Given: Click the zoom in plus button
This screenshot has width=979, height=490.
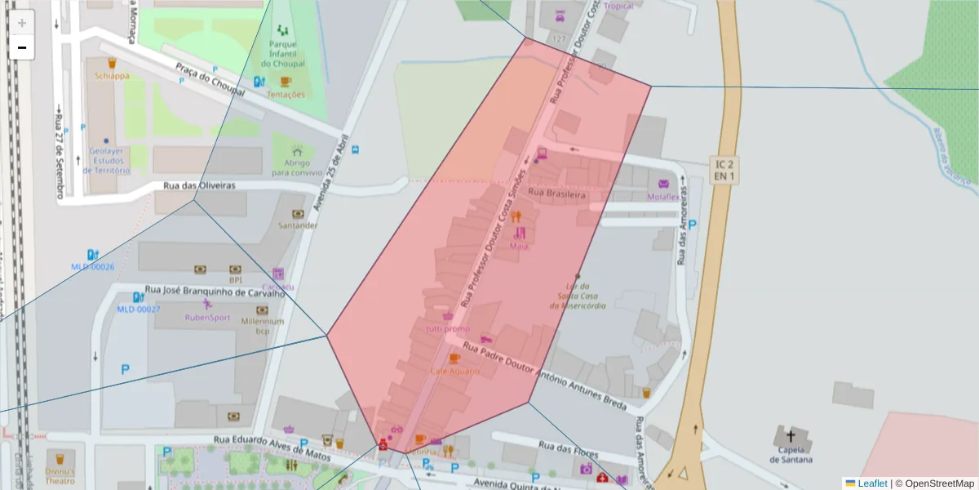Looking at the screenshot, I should click(x=22, y=23).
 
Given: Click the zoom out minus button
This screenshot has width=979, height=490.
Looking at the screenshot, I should click(x=22, y=47).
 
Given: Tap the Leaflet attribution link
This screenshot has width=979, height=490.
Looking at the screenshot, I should click(x=872, y=483).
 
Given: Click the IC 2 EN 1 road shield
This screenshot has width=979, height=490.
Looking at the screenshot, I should click(x=723, y=170).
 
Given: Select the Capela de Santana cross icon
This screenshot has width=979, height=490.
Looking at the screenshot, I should click(x=790, y=436).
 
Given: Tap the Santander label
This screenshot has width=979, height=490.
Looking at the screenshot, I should click(x=298, y=225).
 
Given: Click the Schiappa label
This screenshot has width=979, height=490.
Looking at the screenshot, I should click(x=112, y=76).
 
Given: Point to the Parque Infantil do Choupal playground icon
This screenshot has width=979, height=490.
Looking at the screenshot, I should click(x=283, y=30).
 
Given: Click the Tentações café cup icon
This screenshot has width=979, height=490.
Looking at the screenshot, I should click(x=285, y=81).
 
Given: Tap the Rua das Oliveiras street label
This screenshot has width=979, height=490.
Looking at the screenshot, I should click(x=199, y=185).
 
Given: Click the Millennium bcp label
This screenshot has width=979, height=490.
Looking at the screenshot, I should click(x=262, y=326).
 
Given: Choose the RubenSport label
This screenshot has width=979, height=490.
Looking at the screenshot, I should click(x=207, y=317).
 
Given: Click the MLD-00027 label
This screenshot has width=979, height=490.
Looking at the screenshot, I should click(x=138, y=309).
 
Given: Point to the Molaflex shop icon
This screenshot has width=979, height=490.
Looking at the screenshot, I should click(x=663, y=184).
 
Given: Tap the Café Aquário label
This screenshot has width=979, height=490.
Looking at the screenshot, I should click(x=454, y=371).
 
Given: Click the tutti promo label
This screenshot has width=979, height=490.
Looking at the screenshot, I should click(x=447, y=328).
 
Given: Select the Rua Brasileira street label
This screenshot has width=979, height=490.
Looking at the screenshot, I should click(x=557, y=196).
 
